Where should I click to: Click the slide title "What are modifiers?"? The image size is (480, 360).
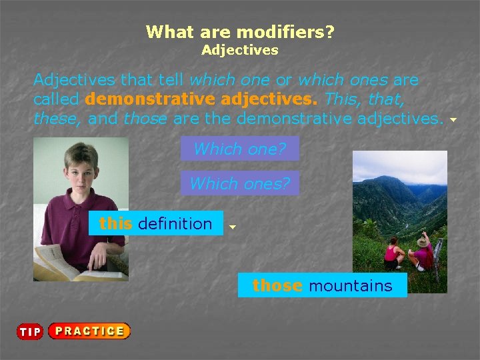coord(240,31)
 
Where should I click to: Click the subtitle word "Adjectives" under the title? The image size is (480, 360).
coord(240,50)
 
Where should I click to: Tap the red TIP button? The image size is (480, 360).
coord(30,332)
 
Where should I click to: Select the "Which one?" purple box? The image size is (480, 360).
coord(239,149)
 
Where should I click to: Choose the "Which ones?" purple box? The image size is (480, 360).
coord(239,183)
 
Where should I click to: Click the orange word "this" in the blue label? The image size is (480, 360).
coord(115,223)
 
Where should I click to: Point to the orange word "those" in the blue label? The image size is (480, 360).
coord(277,285)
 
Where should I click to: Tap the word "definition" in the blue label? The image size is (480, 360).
coord(175,223)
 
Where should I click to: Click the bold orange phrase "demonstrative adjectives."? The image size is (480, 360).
coord(202,100)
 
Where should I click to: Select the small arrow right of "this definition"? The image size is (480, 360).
coord(232,227)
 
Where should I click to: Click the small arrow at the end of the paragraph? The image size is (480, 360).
coord(453,121)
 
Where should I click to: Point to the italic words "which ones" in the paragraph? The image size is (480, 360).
coord(343,80)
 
